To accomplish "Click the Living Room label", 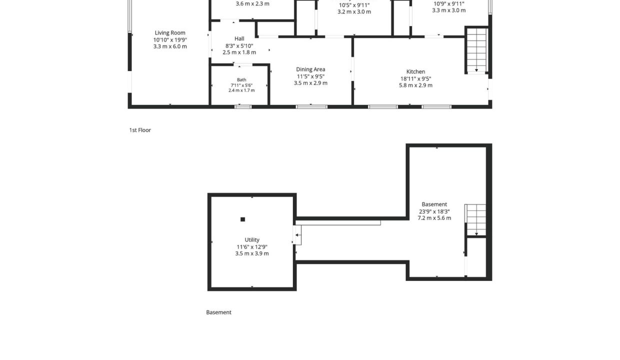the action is tap(170, 32).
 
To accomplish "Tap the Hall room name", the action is tap(239, 38).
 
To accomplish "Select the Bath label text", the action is tap(241, 79).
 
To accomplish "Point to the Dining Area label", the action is tap(310, 69).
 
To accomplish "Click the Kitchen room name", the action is tap(415, 71).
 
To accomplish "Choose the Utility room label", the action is tap(252, 239).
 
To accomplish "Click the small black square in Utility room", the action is tap(242, 219).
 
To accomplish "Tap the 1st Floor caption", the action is tap(140, 130).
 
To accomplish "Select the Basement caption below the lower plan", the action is tap(218, 312).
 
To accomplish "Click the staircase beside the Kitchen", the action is tap(476, 50).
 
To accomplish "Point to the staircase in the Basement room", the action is tap(475, 219).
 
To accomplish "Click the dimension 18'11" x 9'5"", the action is tap(415, 78).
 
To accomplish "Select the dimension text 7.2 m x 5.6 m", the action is tap(434, 218).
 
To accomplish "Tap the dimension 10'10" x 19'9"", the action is tap(170, 40).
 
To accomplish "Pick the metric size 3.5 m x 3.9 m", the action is tap(252, 253).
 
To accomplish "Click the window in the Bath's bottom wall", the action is tap(243, 107).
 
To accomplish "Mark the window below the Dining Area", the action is tap(311, 107).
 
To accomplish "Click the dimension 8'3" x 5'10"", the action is tap(239, 45).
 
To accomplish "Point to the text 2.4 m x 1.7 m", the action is tap(241, 90).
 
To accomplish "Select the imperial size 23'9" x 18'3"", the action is tap(434, 211).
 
